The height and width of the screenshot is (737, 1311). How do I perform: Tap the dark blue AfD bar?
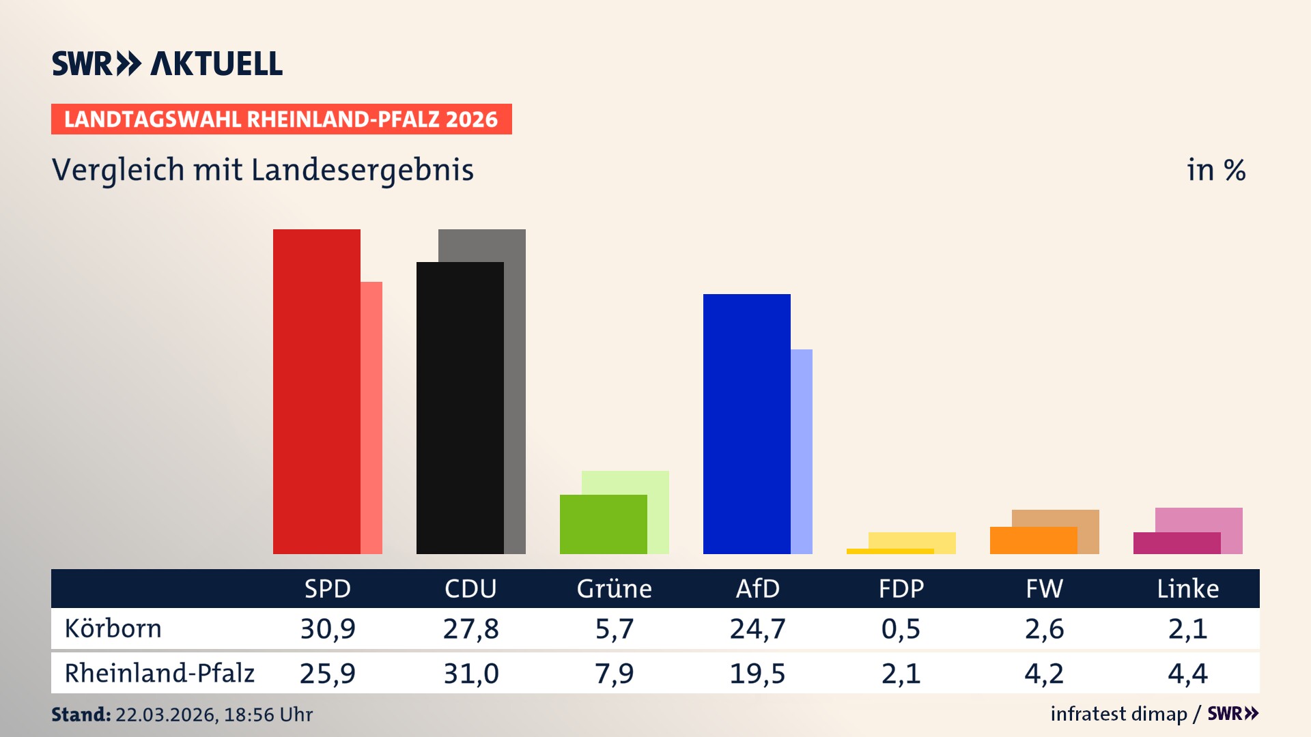click(747, 423)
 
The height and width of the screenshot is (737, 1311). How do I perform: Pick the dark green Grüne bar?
click(604, 524)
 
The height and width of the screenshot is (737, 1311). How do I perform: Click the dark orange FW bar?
click(1034, 540)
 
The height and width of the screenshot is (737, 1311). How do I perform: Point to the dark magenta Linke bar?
click(1177, 543)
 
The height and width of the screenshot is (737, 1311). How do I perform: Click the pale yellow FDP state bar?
click(912, 540)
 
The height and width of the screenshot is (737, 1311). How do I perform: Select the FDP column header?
click(901, 589)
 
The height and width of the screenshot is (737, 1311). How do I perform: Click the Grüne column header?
click(615, 589)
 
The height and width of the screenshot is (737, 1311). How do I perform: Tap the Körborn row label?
click(113, 628)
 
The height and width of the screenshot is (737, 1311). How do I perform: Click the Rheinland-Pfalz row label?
click(160, 674)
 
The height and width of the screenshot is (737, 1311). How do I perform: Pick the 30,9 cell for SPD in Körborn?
click(328, 628)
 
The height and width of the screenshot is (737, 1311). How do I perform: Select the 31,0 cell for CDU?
click(471, 674)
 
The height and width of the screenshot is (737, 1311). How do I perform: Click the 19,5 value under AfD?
click(758, 674)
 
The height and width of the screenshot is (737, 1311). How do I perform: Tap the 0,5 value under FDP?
click(901, 628)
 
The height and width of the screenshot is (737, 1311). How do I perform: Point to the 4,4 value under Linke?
click(1188, 674)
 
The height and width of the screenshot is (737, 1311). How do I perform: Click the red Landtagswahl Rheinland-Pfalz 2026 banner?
click(281, 119)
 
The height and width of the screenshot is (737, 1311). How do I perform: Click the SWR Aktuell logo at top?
click(167, 63)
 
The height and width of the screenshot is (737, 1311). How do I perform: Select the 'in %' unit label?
click(1216, 170)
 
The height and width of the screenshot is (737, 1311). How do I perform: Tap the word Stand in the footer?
click(81, 714)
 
